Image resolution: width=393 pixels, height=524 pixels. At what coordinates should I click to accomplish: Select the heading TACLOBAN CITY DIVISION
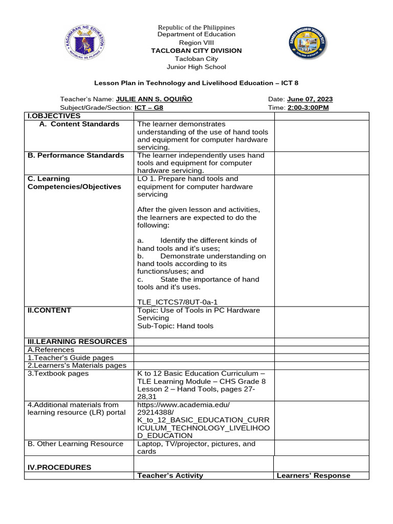tap(196, 51)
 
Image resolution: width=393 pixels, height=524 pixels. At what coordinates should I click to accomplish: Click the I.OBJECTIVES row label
tap(54, 116)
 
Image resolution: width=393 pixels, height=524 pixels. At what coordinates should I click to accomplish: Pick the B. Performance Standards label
tap(76, 155)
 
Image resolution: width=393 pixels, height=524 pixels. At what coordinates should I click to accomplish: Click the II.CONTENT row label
tap(50, 310)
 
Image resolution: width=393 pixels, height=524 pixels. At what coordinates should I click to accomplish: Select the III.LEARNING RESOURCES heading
tap(77, 341)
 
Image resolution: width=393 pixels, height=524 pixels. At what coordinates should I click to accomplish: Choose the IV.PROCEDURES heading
tap(59, 467)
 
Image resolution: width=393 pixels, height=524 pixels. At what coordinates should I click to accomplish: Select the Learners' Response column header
tap(313, 475)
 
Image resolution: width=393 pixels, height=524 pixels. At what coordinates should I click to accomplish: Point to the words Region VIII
tap(196, 42)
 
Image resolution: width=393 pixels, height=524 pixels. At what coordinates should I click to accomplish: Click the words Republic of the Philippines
tap(196, 27)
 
